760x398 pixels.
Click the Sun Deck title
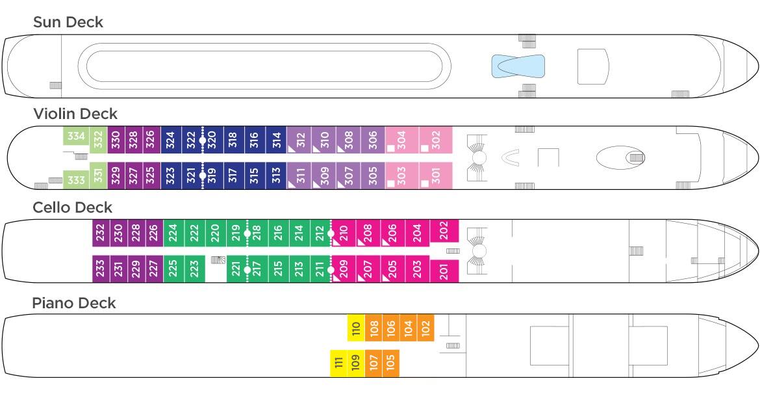(x=68, y=22)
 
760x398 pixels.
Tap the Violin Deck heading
(x=75, y=114)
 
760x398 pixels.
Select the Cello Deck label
(x=72, y=207)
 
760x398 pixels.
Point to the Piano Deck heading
(x=73, y=303)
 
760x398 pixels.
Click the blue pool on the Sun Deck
(x=518, y=66)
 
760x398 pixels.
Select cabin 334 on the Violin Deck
(x=76, y=136)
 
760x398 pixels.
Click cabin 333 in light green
(x=76, y=180)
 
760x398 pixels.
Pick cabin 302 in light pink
(x=436, y=140)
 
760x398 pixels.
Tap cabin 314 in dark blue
(x=276, y=140)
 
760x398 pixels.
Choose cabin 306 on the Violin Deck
(x=373, y=140)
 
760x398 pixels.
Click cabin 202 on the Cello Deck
(x=444, y=231)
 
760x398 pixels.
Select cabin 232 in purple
(x=101, y=233)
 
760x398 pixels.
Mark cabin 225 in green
(x=173, y=269)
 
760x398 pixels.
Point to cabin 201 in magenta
(x=444, y=271)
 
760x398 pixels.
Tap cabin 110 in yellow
(x=356, y=328)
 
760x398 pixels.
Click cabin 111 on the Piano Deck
(x=339, y=363)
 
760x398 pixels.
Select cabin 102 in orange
(x=425, y=328)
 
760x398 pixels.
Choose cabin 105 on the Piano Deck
(x=390, y=363)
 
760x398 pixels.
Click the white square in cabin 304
(x=390, y=148)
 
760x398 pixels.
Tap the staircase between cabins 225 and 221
(x=218, y=260)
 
